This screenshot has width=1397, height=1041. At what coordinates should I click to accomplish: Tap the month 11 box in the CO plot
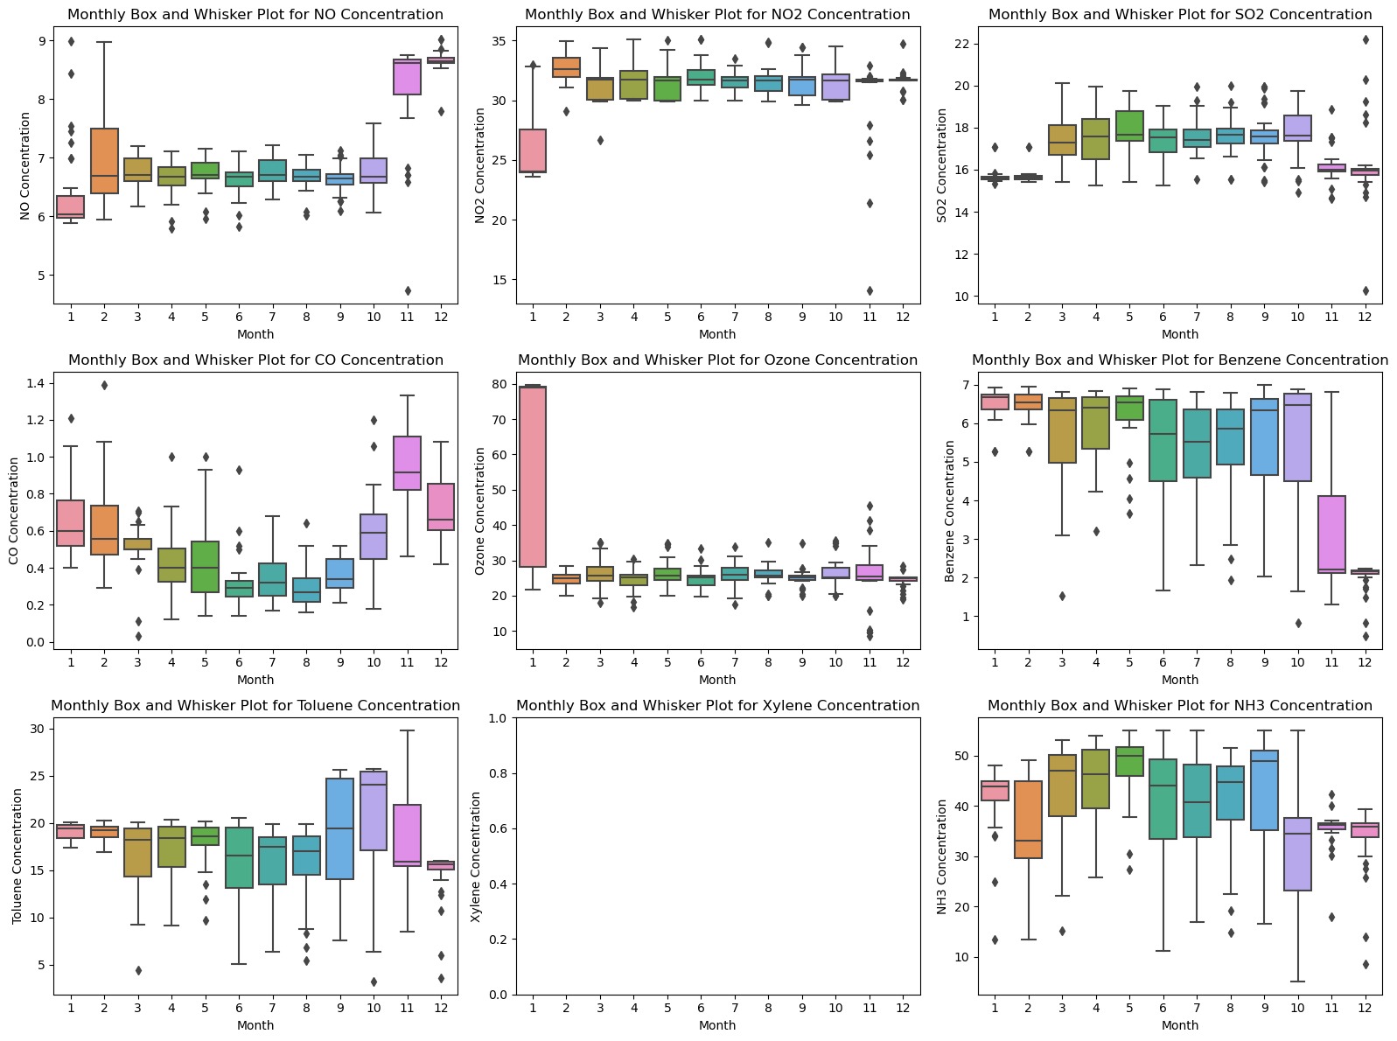[x=408, y=463]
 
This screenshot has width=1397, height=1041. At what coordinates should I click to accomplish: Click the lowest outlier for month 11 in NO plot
[x=408, y=290]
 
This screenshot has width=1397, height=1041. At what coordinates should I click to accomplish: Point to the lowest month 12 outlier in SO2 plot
[x=1365, y=291]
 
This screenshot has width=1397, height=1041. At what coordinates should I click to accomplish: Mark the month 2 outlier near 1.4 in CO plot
[x=104, y=385]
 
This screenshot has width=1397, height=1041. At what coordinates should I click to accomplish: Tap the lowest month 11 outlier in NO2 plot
[x=870, y=290]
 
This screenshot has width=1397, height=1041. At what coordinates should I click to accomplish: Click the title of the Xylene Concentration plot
[x=717, y=706]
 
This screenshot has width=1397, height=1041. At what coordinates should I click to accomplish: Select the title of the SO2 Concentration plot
[x=1179, y=15]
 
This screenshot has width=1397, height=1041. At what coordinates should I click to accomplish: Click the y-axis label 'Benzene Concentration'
[x=950, y=511]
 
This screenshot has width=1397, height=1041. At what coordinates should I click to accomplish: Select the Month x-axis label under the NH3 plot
[x=1179, y=1025]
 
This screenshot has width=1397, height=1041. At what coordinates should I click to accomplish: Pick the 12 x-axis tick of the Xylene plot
[x=903, y=1008]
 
